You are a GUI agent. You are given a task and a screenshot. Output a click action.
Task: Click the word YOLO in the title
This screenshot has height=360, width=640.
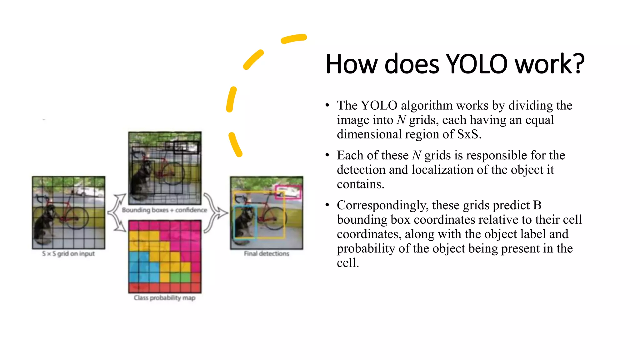(x=476, y=64)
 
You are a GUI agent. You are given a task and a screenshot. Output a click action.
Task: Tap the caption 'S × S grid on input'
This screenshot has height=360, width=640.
(x=68, y=254)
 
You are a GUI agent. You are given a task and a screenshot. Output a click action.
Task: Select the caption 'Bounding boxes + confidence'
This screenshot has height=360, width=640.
(x=164, y=210)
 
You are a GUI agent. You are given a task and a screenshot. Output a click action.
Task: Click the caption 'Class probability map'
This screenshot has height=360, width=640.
(x=164, y=298)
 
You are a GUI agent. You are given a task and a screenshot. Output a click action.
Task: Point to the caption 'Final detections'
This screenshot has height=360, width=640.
(x=267, y=254)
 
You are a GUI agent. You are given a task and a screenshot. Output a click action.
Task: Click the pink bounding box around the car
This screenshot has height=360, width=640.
(x=288, y=192)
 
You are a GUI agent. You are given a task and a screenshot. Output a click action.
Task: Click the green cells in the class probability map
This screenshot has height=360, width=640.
(x=180, y=277)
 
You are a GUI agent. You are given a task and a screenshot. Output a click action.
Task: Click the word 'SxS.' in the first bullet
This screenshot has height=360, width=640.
(x=469, y=134)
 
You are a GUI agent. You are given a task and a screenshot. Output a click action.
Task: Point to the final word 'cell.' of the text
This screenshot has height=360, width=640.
(x=347, y=263)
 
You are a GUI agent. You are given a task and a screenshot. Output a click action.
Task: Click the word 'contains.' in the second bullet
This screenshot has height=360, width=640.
(x=360, y=184)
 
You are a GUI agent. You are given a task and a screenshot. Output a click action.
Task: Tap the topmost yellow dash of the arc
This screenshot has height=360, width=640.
(x=294, y=38)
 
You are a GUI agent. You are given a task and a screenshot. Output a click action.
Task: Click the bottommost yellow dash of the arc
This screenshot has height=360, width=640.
(x=235, y=144)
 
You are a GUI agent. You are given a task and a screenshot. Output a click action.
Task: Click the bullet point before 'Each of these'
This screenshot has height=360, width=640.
(x=327, y=155)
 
